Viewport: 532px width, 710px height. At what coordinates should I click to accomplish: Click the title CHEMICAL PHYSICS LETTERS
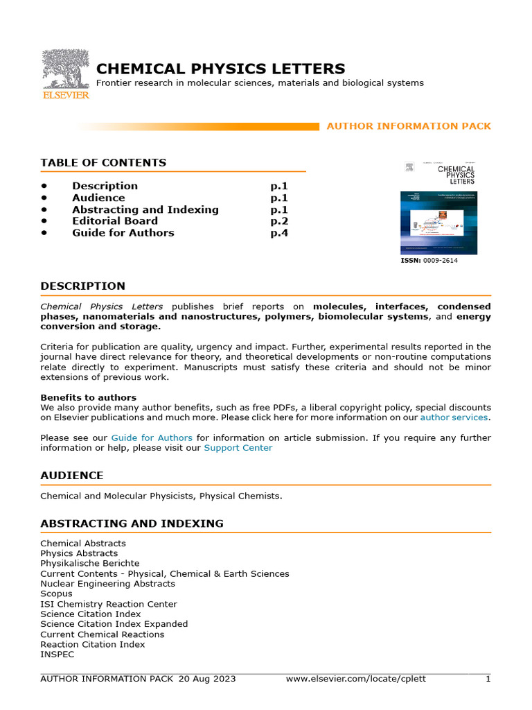point(220,69)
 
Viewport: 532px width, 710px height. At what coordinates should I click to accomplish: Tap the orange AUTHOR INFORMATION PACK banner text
point(408,126)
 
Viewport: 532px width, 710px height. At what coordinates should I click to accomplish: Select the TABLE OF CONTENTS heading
point(103,163)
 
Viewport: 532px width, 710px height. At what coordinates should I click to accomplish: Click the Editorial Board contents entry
point(115,221)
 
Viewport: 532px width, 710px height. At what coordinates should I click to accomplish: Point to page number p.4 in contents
point(278,233)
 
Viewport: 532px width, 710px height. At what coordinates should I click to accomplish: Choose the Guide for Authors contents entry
point(123,233)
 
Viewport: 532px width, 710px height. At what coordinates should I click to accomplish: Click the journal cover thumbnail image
point(438,207)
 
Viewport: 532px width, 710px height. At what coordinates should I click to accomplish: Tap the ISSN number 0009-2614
point(440,261)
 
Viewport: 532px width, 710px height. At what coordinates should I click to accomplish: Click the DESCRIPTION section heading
point(82,286)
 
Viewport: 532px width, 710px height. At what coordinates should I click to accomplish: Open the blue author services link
point(454,417)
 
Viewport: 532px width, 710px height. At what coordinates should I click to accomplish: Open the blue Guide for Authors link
point(152,438)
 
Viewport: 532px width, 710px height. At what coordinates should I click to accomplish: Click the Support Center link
point(238,448)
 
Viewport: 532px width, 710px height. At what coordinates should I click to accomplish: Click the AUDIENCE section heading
point(71,476)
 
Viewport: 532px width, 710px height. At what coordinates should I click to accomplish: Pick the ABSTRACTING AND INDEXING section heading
point(132,523)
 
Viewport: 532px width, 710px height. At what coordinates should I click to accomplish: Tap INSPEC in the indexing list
point(57,654)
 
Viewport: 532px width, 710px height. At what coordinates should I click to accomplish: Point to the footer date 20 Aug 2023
point(207,679)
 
